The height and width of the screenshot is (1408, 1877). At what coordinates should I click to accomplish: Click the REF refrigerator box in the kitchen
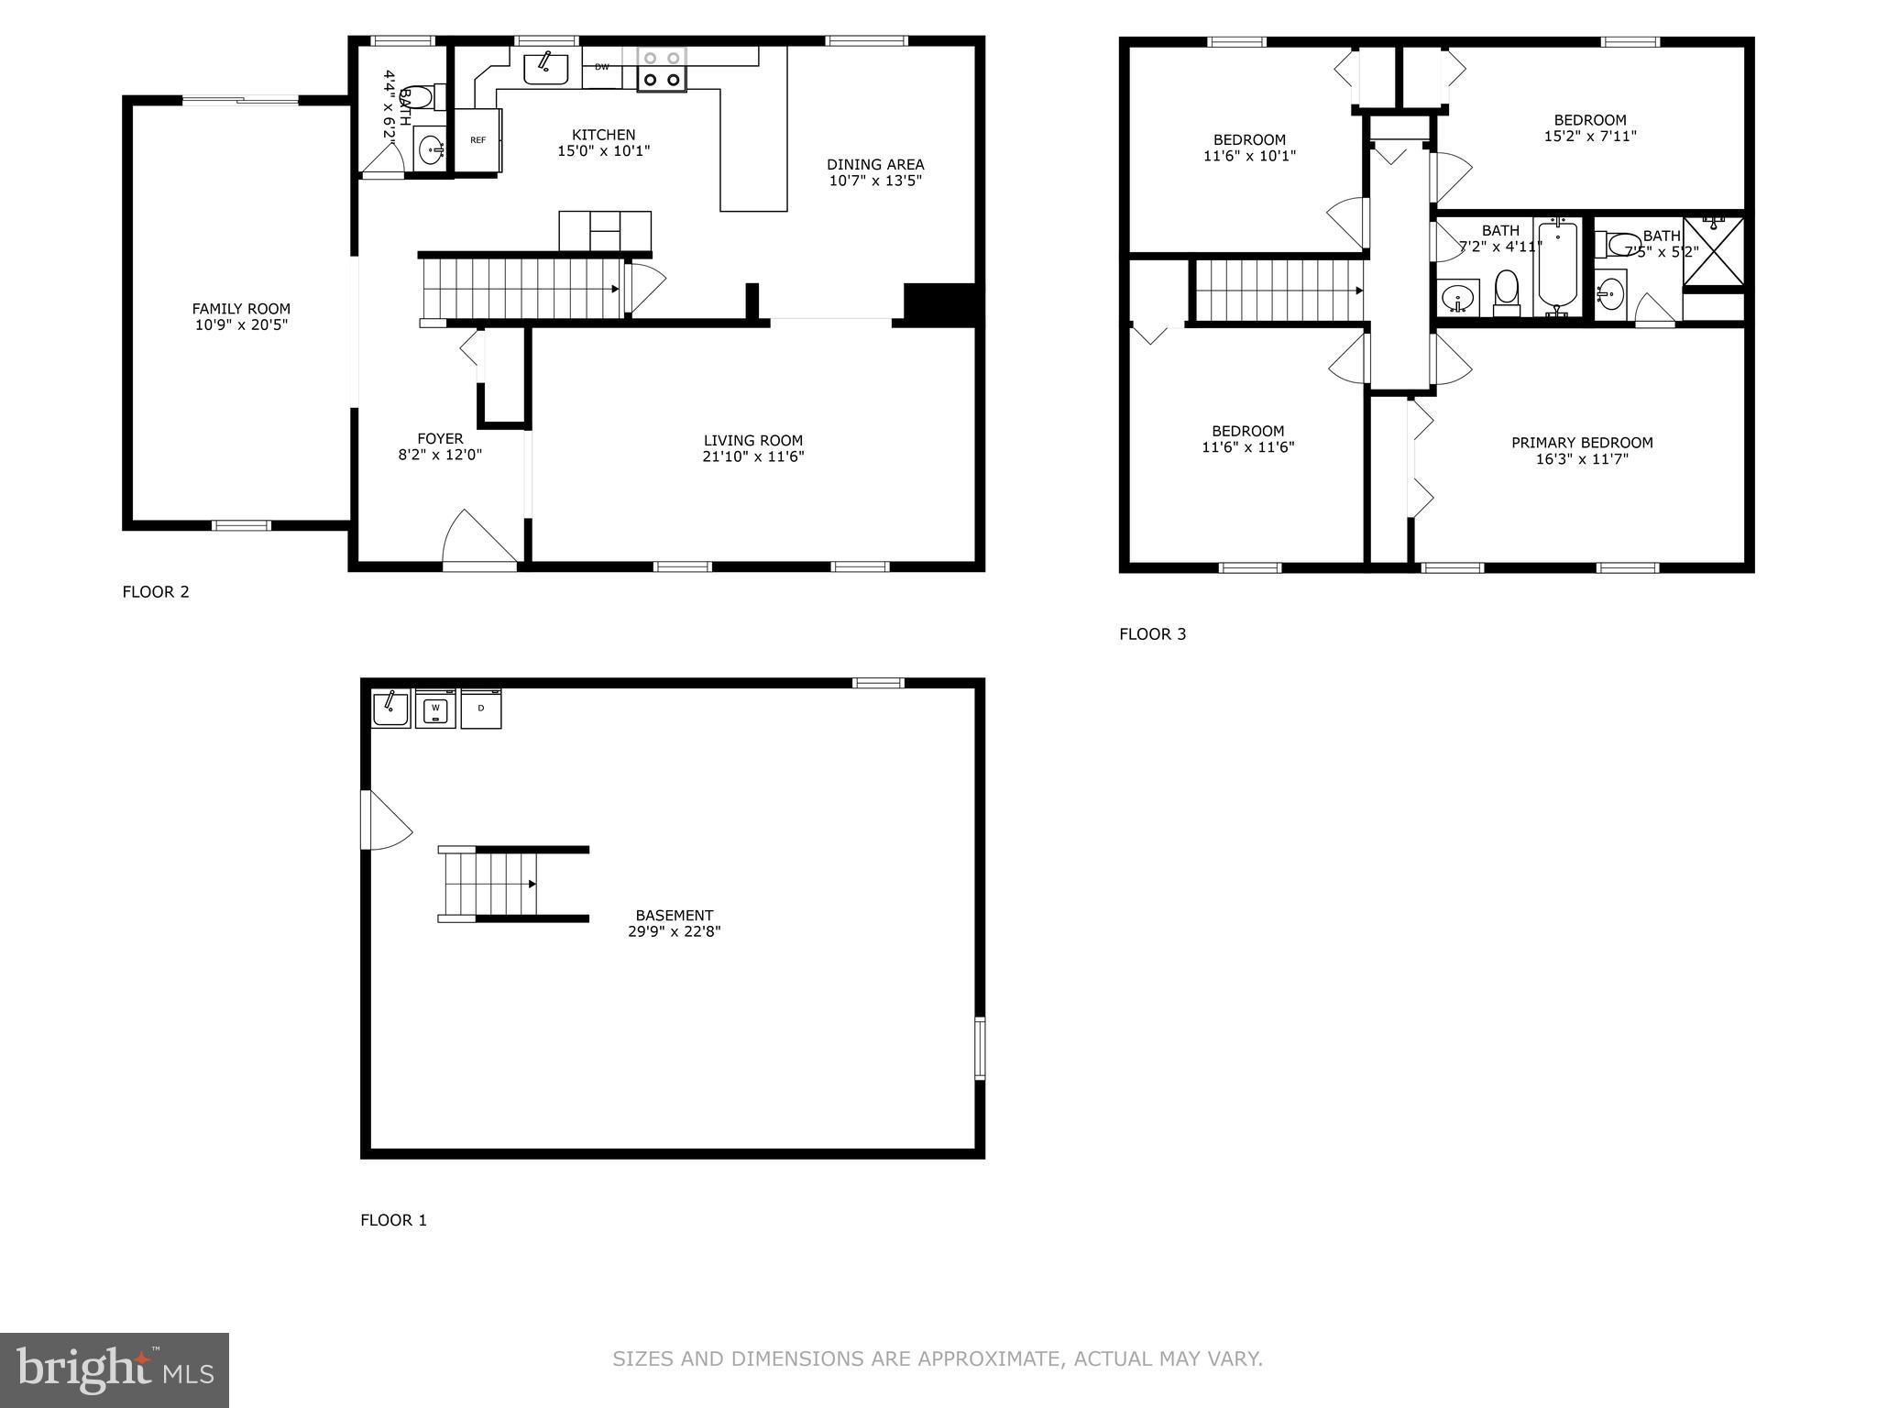click(478, 140)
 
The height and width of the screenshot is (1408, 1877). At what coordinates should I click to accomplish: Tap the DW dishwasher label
click(602, 67)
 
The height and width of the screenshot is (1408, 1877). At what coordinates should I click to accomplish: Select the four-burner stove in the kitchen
click(662, 70)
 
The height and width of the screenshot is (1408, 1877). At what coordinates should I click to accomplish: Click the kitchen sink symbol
click(546, 69)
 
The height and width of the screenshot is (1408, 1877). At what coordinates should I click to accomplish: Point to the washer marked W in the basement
click(435, 709)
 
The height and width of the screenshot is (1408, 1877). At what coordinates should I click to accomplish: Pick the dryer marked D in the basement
click(481, 709)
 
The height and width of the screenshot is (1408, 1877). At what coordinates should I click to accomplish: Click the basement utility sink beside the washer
click(391, 709)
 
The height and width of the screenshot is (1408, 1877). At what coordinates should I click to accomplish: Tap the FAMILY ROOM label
click(241, 309)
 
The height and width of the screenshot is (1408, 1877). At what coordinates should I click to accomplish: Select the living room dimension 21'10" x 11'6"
click(753, 456)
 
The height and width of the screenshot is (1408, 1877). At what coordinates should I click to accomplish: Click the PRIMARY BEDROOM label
click(1582, 443)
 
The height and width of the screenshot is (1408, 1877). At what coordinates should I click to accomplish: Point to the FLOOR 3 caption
click(1152, 633)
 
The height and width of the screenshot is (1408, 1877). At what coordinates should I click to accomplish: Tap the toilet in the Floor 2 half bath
click(420, 97)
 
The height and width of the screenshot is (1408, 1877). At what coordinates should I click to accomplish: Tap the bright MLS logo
click(115, 1369)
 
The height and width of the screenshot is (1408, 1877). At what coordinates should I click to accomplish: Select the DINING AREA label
click(875, 165)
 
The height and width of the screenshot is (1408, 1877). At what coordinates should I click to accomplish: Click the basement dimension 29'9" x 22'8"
click(674, 931)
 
